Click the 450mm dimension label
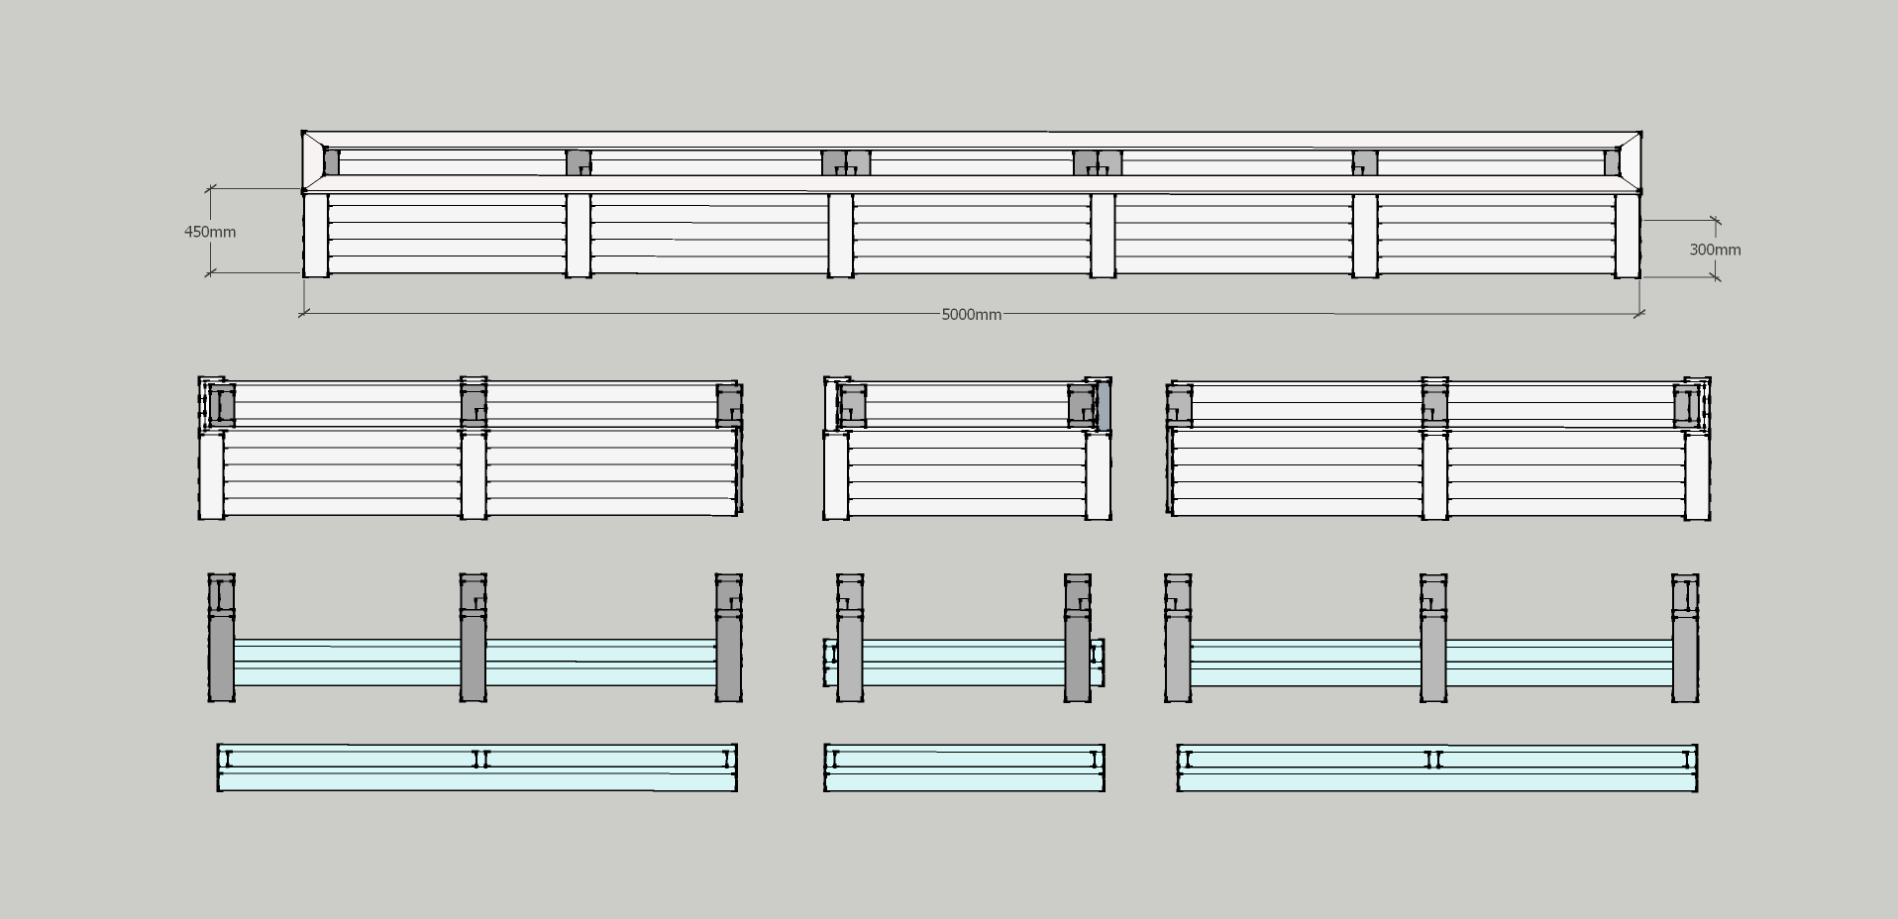pos(210,232)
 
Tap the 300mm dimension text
pos(1715,250)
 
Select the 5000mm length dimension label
pos(971,315)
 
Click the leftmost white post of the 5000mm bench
pos(316,236)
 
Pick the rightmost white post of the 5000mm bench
pos(1628,236)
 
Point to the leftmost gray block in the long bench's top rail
pos(332,162)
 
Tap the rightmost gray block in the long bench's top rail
pos(1612,162)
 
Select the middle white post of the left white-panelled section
pos(474,474)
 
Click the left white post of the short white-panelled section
pos(836,474)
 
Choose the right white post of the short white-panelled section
pos(1098,474)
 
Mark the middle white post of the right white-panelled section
pos(1434,474)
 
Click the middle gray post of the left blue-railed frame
pos(474,638)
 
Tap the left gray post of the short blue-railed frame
pos(850,638)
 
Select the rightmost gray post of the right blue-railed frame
pos(1686,638)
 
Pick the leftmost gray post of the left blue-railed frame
pos(222,638)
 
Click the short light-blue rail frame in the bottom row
pos(964,768)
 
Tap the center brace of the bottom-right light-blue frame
pos(1433,760)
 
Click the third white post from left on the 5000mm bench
pos(840,236)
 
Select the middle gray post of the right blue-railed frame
pos(1434,638)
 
